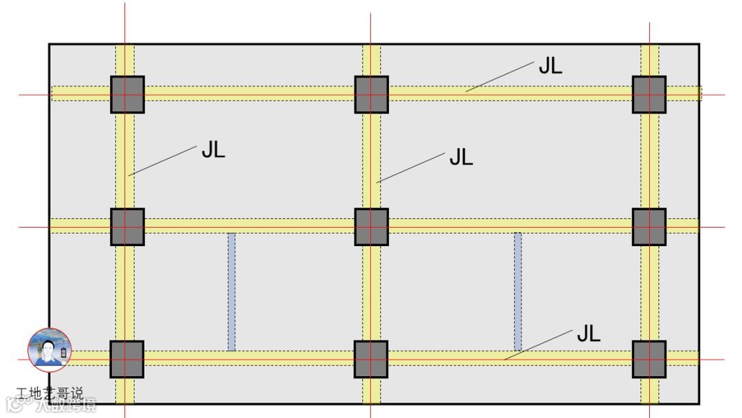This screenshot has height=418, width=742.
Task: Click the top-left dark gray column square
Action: click(x=127, y=94)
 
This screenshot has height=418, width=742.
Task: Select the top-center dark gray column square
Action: click(x=371, y=94)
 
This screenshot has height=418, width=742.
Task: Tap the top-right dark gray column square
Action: click(x=649, y=94)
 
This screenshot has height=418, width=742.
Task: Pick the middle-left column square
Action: click(x=127, y=226)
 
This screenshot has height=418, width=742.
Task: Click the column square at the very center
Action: click(x=371, y=226)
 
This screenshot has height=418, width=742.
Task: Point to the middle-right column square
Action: click(x=649, y=226)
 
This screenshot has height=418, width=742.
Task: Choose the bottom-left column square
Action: click(x=127, y=359)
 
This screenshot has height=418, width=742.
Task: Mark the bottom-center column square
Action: click(x=371, y=359)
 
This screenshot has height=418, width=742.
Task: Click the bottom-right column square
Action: click(x=649, y=359)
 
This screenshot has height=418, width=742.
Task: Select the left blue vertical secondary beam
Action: click(x=232, y=291)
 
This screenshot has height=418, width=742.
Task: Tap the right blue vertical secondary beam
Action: click(x=517, y=291)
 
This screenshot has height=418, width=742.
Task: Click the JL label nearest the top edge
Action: click(x=550, y=66)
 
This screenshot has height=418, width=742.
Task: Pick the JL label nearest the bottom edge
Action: click(x=588, y=334)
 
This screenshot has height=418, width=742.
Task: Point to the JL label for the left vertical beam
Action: click(x=213, y=150)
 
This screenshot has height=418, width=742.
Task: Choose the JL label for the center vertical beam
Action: click(x=461, y=157)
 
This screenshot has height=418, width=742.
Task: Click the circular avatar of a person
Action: click(x=49, y=350)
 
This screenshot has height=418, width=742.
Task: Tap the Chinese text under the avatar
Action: click(x=49, y=394)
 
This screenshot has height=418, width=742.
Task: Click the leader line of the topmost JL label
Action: click(x=499, y=76)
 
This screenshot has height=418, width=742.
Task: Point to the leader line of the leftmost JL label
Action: click(x=163, y=160)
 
